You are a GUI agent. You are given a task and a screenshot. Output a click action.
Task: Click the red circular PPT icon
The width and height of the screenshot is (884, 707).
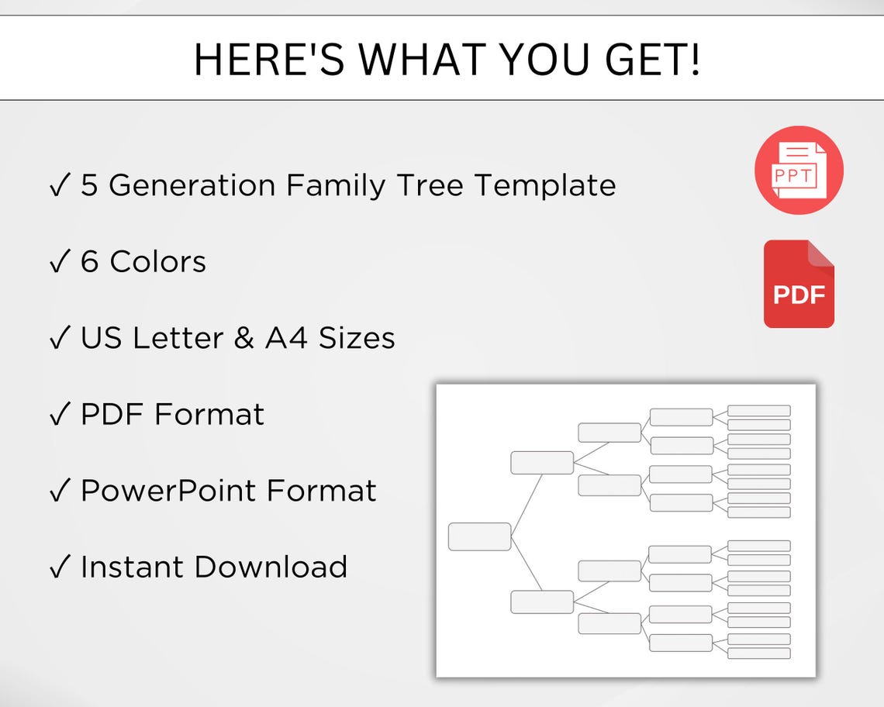click(x=799, y=170)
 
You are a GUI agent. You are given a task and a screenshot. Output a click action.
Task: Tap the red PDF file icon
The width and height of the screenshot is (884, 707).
click(x=799, y=285)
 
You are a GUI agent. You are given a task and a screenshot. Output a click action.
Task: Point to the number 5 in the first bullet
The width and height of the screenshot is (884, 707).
click(x=89, y=186)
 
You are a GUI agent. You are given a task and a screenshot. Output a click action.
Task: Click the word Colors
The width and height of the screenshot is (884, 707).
click(x=158, y=262)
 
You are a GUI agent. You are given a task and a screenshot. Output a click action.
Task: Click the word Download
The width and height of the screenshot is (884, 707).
click(x=270, y=567)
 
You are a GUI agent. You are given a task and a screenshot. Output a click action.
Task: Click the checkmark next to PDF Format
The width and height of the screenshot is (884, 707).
click(x=60, y=416)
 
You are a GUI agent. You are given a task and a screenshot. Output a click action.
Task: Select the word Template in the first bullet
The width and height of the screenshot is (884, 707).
click(x=545, y=186)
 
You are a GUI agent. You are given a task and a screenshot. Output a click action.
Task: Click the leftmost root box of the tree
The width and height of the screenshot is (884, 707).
click(x=479, y=536)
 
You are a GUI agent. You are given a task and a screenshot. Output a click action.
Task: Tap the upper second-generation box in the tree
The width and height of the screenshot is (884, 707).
click(x=542, y=462)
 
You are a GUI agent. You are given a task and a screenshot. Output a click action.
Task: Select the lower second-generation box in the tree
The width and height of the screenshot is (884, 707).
click(x=542, y=602)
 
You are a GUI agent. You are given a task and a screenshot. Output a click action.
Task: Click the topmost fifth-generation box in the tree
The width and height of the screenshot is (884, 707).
click(x=758, y=411)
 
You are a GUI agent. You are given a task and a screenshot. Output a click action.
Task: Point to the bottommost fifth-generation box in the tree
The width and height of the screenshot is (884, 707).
click(x=758, y=653)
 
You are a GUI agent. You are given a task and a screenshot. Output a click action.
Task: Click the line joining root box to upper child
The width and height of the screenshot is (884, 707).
click(x=526, y=499)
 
